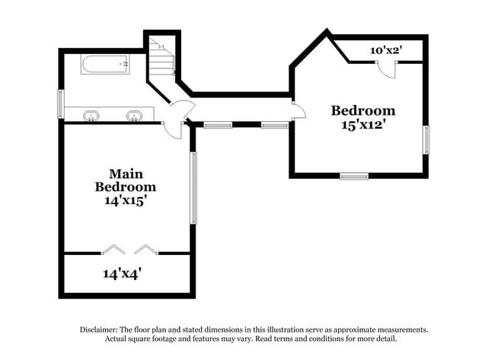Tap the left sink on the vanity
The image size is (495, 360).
click(x=91, y=116)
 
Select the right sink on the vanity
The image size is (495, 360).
click(x=135, y=116)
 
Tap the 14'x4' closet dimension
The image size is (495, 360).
click(x=122, y=272)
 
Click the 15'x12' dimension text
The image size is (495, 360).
click(x=362, y=125)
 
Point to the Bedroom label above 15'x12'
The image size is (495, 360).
click(x=362, y=110)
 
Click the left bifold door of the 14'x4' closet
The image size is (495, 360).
click(x=113, y=248)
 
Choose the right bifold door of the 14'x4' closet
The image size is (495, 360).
click(x=145, y=248)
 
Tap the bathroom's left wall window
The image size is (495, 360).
click(x=60, y=104)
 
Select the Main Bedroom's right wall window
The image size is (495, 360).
click(x=193, y=187)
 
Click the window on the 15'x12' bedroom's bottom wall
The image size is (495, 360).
click(x=353, y=176)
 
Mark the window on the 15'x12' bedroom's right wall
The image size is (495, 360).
click(x=426, y=139)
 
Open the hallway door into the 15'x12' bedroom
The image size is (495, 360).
click(x=299, y=111)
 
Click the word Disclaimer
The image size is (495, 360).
click(x=103, y=330)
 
